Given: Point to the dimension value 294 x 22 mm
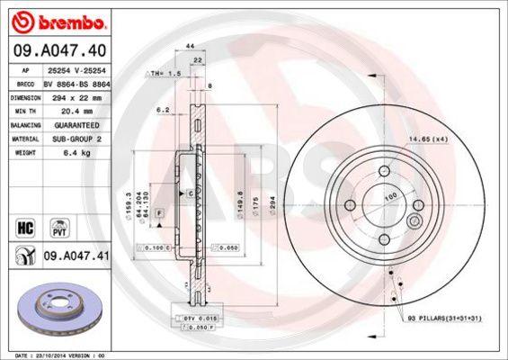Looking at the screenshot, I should click(x=76, y=94).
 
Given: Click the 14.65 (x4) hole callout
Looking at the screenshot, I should click(x=428, y=139).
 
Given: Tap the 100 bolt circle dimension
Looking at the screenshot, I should click(x=390, y=194).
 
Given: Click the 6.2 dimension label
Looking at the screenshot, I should click(x=163, y=110).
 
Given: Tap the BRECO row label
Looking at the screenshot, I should click(x=27, y=81).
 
